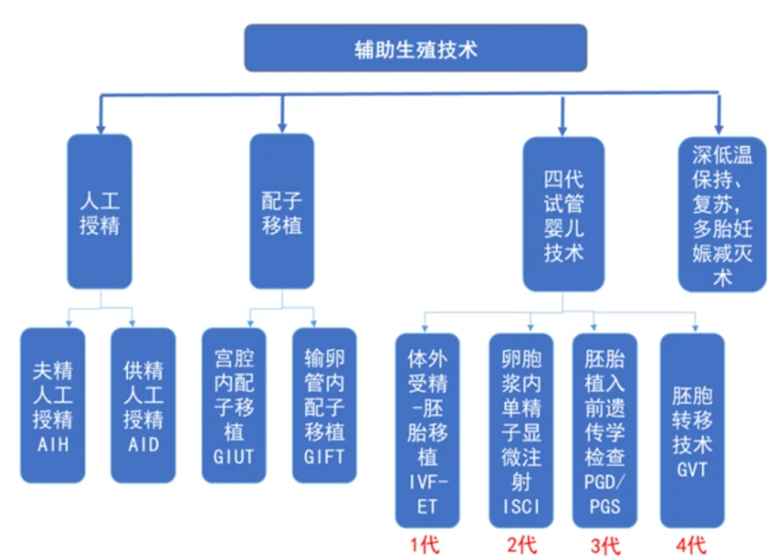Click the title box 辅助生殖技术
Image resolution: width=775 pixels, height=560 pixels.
tap(415, 48)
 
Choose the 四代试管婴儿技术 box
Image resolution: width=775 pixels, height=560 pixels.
tap(564, 215)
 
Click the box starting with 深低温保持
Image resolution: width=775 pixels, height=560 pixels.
tap(722, 215)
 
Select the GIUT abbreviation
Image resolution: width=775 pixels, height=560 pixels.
tap(233, 455)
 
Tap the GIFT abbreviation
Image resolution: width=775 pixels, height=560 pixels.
tap(324, 455)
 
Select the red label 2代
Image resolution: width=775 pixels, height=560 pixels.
tap(521, 545)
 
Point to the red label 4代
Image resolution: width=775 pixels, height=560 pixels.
tap(691, 545)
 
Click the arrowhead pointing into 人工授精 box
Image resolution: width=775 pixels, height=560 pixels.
tap(100, 126)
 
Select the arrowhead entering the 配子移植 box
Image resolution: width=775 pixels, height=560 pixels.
tap(282, 126)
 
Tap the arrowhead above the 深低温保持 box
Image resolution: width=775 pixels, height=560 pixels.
tap(719, 126)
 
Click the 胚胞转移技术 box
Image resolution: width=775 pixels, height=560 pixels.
tap(692, 429)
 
